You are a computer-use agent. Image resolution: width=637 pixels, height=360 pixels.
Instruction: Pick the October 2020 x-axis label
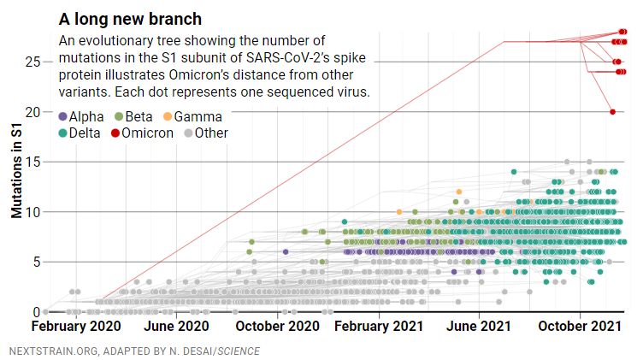click(x=278, y=327)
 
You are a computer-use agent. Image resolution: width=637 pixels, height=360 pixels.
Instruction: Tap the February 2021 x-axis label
click(x=378, y=327)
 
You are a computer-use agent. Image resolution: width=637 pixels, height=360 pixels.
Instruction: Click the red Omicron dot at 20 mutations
click(x=612, y=112)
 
